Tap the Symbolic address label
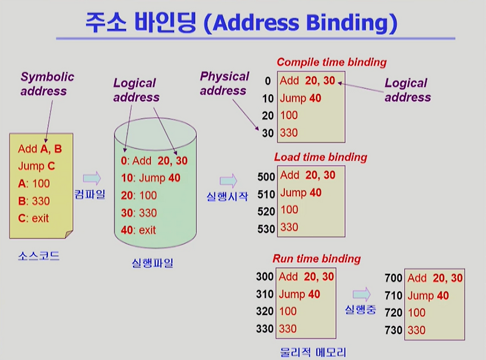(x=47, y=84)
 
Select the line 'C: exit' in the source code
(x=33, y=218)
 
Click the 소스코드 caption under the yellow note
(x=39, y=256)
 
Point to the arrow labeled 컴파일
(x=92, y=177)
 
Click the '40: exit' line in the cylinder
(x=139, y=230)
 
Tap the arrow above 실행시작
(x=228, y=180)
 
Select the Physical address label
(x=224, y=83)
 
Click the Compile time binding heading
(x=331, y=62)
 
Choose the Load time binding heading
(x=321, y=157)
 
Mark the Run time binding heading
(x=317, y=259)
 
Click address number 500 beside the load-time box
(x=265, y=176)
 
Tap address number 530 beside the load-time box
(x=265, y=229)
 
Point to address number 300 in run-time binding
(x=264, y=277)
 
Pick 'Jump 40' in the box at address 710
(x=428, y=296)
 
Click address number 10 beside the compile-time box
(x=267, y=98)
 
